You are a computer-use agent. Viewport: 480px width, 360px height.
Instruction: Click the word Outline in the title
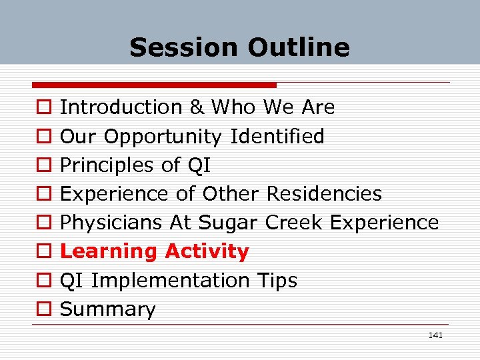pyautogui.click(x=298, y=47)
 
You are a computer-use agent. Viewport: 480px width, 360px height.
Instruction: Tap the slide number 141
pyautogui.click(x=435, y=335)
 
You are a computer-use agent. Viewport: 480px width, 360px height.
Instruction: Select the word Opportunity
pyautogui.click(x=163, y=137)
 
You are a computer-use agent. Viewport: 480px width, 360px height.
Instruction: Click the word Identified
pyautogui.click(x=277, y=137)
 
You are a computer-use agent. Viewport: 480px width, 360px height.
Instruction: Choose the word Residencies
pyautogui.click(x=324, y=194)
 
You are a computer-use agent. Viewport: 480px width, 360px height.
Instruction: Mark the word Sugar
pyautogui.click(x=229, y=223)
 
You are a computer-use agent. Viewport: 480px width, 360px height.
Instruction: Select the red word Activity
pyautogui.click(x=207, y=252)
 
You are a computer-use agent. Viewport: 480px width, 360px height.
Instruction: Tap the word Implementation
pyautogui.click(x=170, y=281)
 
